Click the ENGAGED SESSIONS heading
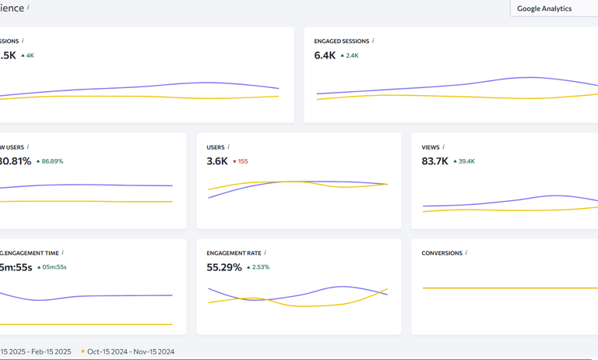(x=342, y=41)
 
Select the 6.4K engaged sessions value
(x=325, y=55)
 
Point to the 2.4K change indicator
(x=349, y=56)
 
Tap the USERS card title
(x=215, y=147)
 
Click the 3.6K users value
(x=217, y=161)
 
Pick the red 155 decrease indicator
(x=241, y=162)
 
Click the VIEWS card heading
(x=430, y=147)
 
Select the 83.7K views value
(x=434, y=161)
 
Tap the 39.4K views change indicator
(x=465, y=162)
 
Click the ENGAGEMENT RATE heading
(x=234, y=253)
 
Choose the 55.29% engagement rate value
(x=224, y=267)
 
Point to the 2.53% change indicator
(x=258, y=267)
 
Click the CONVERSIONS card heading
(x=441, y=253)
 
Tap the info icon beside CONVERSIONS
(x=466, y=252)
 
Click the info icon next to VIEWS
(x=444, y=146)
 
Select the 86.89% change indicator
(x=50, y=162)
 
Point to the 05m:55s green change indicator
(x=52, y=267)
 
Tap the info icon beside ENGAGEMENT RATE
(x=266, y=252)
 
